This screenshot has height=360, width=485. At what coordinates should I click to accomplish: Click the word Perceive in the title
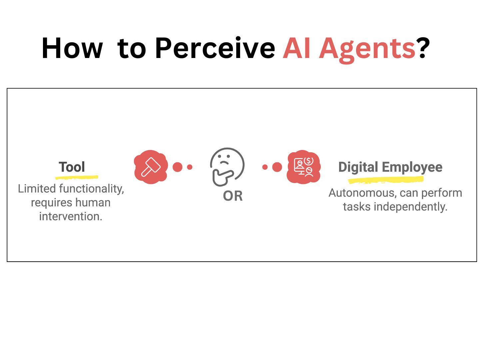(215, 48)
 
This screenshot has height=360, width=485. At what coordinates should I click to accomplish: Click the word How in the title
(72, 48)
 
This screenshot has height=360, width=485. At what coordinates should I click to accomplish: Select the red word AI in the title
(296, 48)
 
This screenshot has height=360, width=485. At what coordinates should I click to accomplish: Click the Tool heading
(72, 167)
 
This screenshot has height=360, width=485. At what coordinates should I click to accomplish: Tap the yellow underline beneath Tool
(77, 177)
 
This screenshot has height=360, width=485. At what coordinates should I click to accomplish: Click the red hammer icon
(151, 167)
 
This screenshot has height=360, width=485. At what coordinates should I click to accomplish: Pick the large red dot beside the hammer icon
(177, 167)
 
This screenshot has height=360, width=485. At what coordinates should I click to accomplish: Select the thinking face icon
(228, 167)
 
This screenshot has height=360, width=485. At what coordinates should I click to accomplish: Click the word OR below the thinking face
(233, 196)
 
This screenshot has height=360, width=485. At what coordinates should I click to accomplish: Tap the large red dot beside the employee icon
(277, 167)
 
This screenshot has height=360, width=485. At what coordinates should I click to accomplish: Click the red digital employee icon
(304, 167)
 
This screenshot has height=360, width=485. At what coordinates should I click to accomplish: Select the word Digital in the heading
(358, 167)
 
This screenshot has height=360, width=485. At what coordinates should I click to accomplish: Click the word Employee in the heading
(412, 168)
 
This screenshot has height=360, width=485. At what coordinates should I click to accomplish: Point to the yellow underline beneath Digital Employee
(386, 180)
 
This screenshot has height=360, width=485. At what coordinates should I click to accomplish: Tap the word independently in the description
(410, 207)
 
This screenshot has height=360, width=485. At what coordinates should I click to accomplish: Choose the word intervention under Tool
(71, 216)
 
